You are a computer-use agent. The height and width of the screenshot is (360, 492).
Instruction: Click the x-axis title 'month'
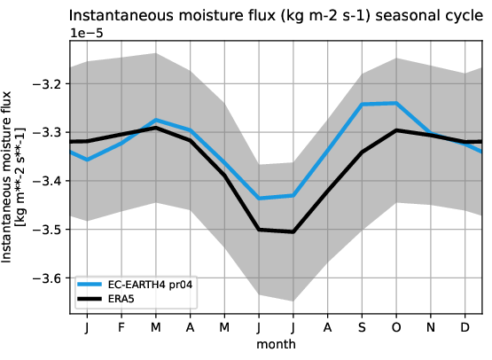(276, 343)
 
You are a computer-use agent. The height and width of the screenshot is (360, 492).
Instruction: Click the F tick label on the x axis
(121, 328)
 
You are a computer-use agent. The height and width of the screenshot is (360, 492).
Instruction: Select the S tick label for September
(361, 328)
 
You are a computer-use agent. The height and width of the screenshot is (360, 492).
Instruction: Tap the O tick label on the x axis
(395, 328)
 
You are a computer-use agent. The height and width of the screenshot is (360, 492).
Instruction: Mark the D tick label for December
(464, 328)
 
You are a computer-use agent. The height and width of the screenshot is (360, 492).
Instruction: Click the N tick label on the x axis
(430, 328)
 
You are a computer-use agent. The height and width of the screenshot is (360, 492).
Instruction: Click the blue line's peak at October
(395, 103)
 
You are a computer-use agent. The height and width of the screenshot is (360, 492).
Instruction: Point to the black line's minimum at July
(293, 231)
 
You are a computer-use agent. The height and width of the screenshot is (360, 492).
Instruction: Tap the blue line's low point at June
(259, 198)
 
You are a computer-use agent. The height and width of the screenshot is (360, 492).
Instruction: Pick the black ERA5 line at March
(156, 128)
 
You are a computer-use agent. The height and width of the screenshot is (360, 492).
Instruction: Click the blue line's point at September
(361, 105)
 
